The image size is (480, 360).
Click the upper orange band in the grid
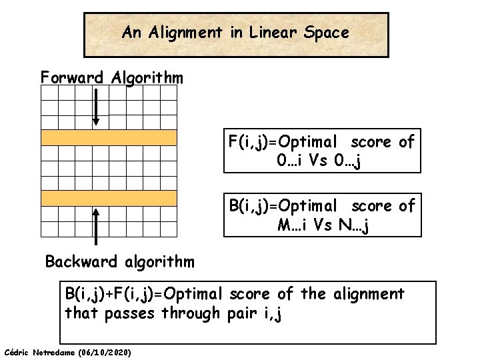(109, 137)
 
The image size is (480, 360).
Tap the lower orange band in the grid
(109, 198)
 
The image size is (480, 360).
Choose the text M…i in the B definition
(293, 225)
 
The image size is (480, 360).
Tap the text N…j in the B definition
(355, 225)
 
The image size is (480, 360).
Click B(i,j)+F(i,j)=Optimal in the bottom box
(144, 294)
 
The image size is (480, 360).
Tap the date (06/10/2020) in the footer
(105, 351)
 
